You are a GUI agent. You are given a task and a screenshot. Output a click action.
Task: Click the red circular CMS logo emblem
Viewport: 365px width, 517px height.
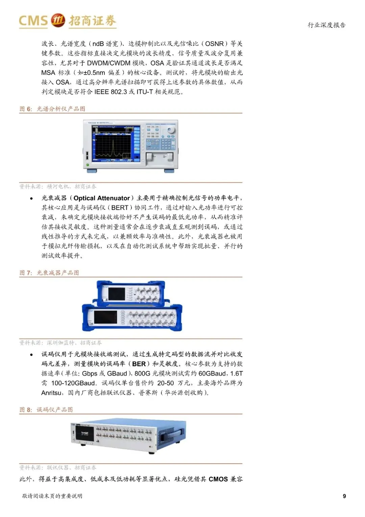click(58, 20)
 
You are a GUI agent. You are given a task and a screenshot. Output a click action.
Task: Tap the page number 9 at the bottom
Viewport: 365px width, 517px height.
click(344, 496)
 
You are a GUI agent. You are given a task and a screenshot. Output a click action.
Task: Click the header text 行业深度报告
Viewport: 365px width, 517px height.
click(326, 25)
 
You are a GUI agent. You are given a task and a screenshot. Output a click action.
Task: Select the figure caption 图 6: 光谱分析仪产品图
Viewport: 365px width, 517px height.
click(52, 109)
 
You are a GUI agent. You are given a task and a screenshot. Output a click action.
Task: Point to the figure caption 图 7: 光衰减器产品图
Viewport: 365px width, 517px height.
click(49, 273)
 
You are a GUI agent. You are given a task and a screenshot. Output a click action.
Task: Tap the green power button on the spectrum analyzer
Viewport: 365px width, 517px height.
click(88, 165)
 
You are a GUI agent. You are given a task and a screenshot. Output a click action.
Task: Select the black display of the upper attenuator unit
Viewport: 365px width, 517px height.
click(117, 294)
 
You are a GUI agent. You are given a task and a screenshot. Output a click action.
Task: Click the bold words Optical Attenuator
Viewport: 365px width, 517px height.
click(102, 198)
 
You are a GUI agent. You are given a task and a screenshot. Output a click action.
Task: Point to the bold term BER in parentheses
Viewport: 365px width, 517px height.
click(139, 364)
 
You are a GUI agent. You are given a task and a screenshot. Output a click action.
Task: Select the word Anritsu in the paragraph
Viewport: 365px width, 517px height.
click(52, 393)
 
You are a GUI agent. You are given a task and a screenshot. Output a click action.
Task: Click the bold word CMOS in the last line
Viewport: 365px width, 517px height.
click(218, 479)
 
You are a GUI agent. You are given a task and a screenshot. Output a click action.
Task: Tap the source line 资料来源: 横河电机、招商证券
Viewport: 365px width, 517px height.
click(57, 186)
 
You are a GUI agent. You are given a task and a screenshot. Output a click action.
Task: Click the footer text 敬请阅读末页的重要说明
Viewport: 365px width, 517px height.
click(52, 496)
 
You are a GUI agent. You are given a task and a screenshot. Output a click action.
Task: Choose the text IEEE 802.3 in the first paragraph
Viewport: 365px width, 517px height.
click(111, 92)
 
